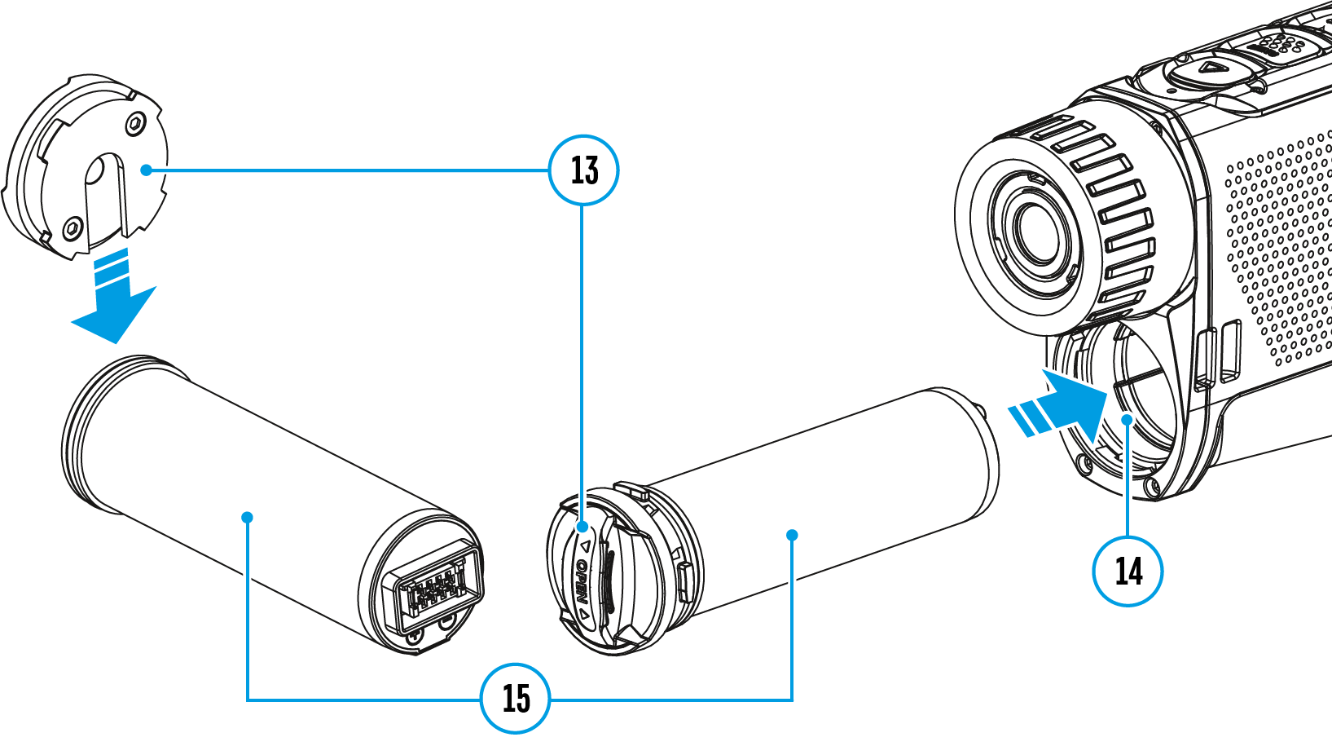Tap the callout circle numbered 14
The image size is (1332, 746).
(x=1128, y=570)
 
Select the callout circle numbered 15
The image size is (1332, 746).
(x=516, y=699)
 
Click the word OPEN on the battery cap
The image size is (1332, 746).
(x=582, y=580)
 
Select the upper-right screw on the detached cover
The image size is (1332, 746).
(x=134, y=124)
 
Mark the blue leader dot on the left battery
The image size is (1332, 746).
(x=247, y=517)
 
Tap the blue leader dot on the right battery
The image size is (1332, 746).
(x=792, y=535)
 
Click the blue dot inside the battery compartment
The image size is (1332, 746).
(x=1128, y=419)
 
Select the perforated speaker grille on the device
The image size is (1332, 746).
(x=1279, y=245)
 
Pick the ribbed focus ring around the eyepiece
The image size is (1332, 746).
(x=1116, y=212)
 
